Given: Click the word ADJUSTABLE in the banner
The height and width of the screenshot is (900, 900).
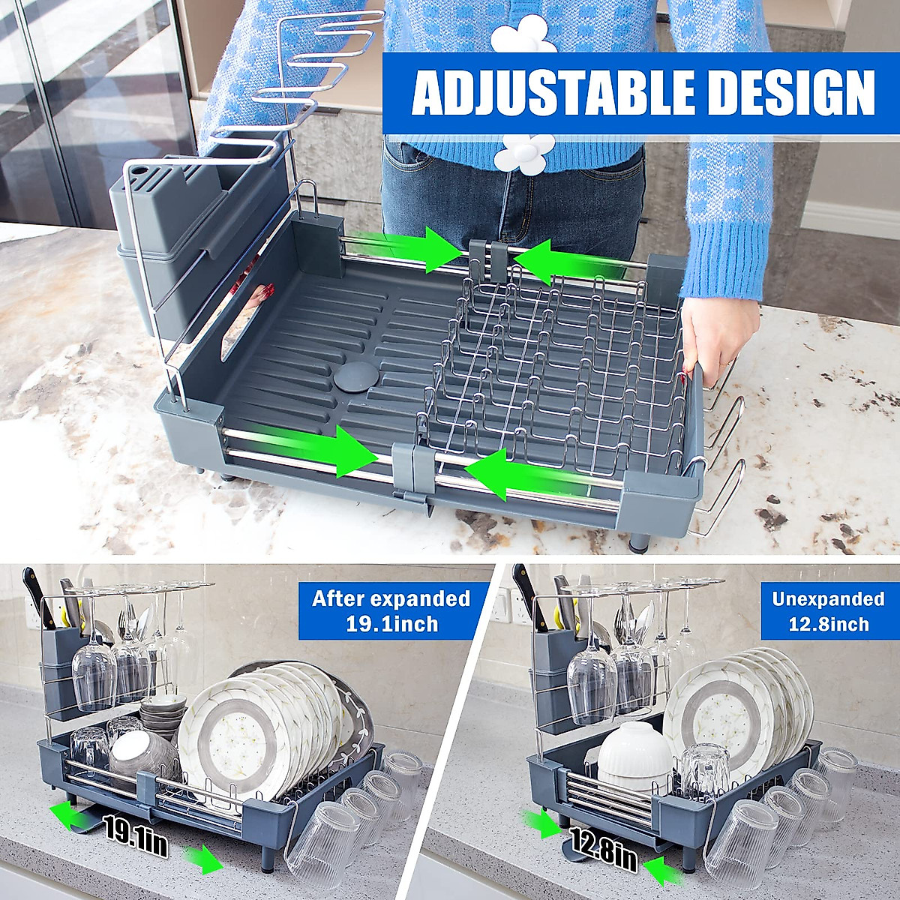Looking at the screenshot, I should (553, 93).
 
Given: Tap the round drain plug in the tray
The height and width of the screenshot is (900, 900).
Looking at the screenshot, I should (354, 377).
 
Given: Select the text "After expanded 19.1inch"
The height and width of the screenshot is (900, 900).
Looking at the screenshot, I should (391, 610).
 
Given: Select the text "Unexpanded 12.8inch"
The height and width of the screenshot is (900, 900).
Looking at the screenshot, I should (828, 611).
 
